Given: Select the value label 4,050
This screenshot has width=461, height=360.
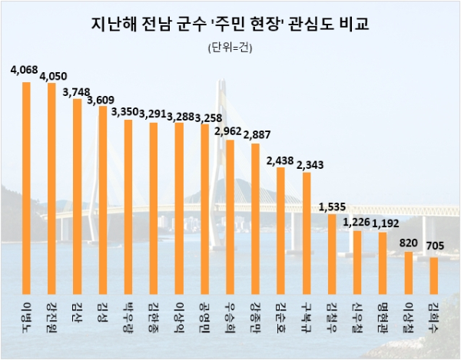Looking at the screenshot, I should [x=55, y=77].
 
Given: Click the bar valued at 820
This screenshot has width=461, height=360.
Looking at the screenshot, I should [x=408, y=268].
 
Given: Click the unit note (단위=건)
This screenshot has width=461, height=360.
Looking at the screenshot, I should [x=230, y=48].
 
